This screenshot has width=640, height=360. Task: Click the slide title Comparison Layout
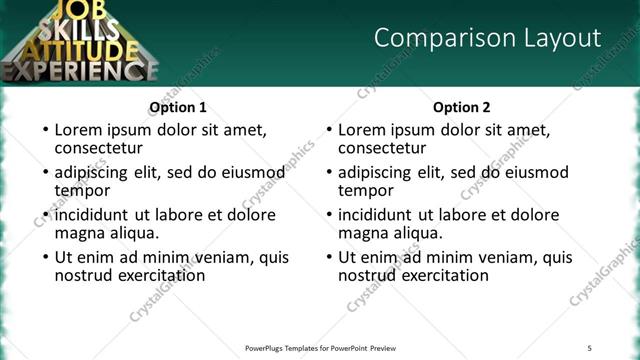point(487,38)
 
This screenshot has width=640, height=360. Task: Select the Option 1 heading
point(178,107)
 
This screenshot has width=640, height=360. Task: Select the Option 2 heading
point(462,107)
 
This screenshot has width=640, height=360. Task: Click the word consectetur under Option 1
point(101,148)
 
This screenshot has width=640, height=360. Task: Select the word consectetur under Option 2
point(385,148)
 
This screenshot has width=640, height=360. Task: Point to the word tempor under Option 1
point(82,190)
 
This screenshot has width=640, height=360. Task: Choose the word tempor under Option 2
point(366,190)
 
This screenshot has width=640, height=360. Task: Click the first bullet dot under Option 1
point(44,130)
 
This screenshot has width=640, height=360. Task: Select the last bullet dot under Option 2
point(328,257)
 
